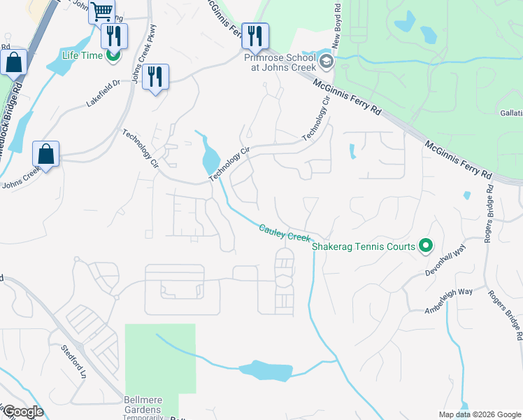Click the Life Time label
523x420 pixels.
click(x=82, y=55)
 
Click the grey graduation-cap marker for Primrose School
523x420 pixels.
click(x=326, y=63)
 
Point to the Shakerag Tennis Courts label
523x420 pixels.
click(x=364, y=246)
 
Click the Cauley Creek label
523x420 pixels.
click(x=285, y=233)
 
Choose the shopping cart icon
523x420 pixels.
click(x=101, y=12)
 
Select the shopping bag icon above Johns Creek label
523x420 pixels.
click(x=45, y=154)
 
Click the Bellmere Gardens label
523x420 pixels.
click(x=143, y=405)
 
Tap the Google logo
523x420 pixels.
click(x=24, y=412)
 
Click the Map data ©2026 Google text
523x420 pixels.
click(x=479, y=414)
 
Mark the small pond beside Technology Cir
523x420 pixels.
click(x=209, y=160)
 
